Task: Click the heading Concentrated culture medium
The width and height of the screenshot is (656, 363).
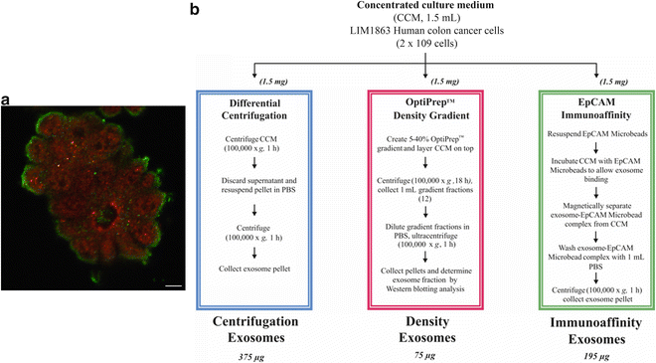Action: coord(428,7)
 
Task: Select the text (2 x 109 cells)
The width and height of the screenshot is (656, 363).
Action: coord(428,49)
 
